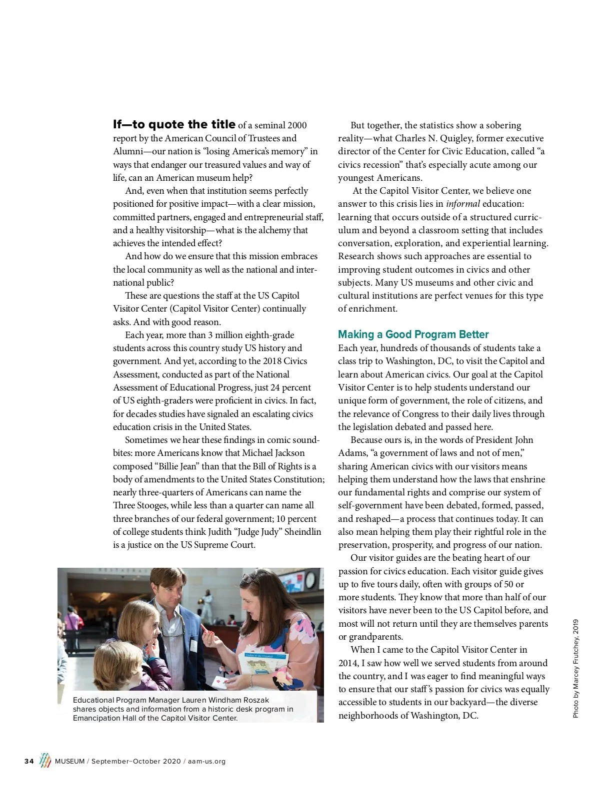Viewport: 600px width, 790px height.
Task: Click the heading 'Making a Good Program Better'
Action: coord(413,335)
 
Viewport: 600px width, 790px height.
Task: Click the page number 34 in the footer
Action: coord(29,762)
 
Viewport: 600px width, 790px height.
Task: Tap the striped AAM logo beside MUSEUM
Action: coord(45,761)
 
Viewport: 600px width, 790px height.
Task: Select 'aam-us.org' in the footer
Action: coord(206,762)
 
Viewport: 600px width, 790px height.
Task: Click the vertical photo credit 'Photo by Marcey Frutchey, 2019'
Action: coord(575,669)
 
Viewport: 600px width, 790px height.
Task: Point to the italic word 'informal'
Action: coord(463,204)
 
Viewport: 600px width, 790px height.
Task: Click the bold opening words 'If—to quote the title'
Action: coord(174,124)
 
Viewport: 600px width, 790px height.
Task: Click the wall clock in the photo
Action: coord(310,580)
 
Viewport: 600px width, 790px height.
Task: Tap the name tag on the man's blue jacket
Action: coord(193,645)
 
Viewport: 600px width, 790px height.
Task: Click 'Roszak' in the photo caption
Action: coord(256,700)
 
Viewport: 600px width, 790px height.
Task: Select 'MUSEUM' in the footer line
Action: coord(69,762)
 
